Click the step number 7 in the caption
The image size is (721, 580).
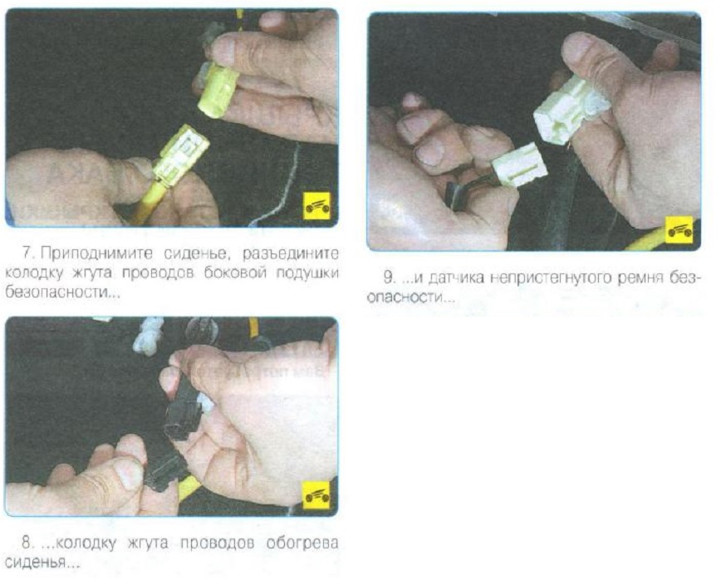pos(28,253)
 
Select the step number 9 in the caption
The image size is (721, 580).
pos(390,278)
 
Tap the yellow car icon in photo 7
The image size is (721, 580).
pos(318,205)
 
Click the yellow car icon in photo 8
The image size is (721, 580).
pos(316,495)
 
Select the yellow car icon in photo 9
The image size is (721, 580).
pos(679,230)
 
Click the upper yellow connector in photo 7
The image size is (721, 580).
pos(218,90)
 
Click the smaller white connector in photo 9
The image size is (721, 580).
pos(520,165)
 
